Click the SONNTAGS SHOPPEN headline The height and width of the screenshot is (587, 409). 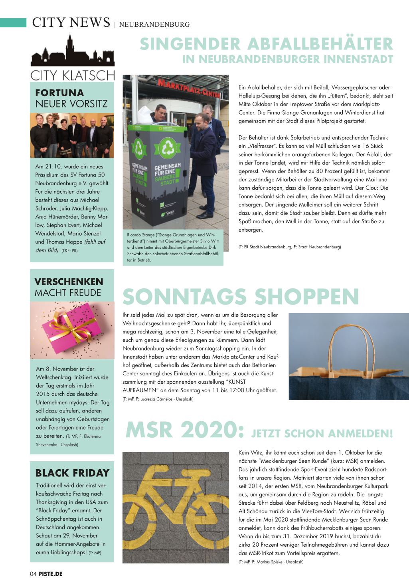coord(241,297)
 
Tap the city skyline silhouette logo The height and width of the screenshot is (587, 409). coord(72,52)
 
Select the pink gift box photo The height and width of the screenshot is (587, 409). coord(72,330)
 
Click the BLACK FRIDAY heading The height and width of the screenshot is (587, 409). coord(72,473)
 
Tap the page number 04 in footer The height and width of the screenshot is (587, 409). coord(33,574)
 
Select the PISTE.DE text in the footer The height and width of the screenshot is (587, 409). coord(51,574)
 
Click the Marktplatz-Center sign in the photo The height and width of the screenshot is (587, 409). coord(188,88)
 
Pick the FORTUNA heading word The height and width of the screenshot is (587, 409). coord(59,93)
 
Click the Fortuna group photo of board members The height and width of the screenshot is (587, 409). coord(72,135)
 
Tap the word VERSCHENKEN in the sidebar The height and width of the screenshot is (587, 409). coord(69,282)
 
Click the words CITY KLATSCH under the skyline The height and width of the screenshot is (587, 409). coord(72,75)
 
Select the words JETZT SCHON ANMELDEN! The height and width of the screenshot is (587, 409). coord(322,433)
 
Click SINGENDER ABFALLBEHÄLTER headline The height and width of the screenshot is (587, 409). coord(266,44)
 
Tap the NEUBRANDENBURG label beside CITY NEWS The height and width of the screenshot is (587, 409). coord(154,24)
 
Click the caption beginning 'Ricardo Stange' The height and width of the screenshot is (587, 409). coord(173,248)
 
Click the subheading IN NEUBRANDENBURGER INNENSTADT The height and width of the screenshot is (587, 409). coord(288,59)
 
